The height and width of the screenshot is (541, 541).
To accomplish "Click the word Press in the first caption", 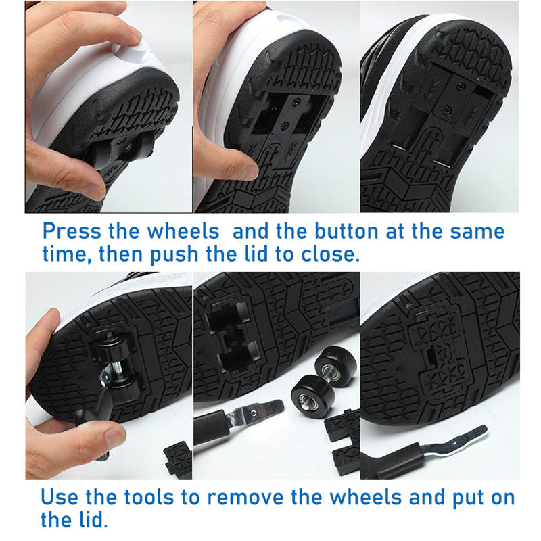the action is tap(72, 231).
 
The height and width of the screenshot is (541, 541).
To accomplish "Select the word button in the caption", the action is tap(346, 231).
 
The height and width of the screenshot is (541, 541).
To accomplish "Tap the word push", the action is tap(174, 255).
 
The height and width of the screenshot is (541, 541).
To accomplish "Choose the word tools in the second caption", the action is tap(149, 497).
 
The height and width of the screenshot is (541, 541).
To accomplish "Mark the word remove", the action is tap(245, 498).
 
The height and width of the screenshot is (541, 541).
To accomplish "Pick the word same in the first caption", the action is tap(477, 231).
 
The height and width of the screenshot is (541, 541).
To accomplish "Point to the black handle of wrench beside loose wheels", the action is tap(211, 429).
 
